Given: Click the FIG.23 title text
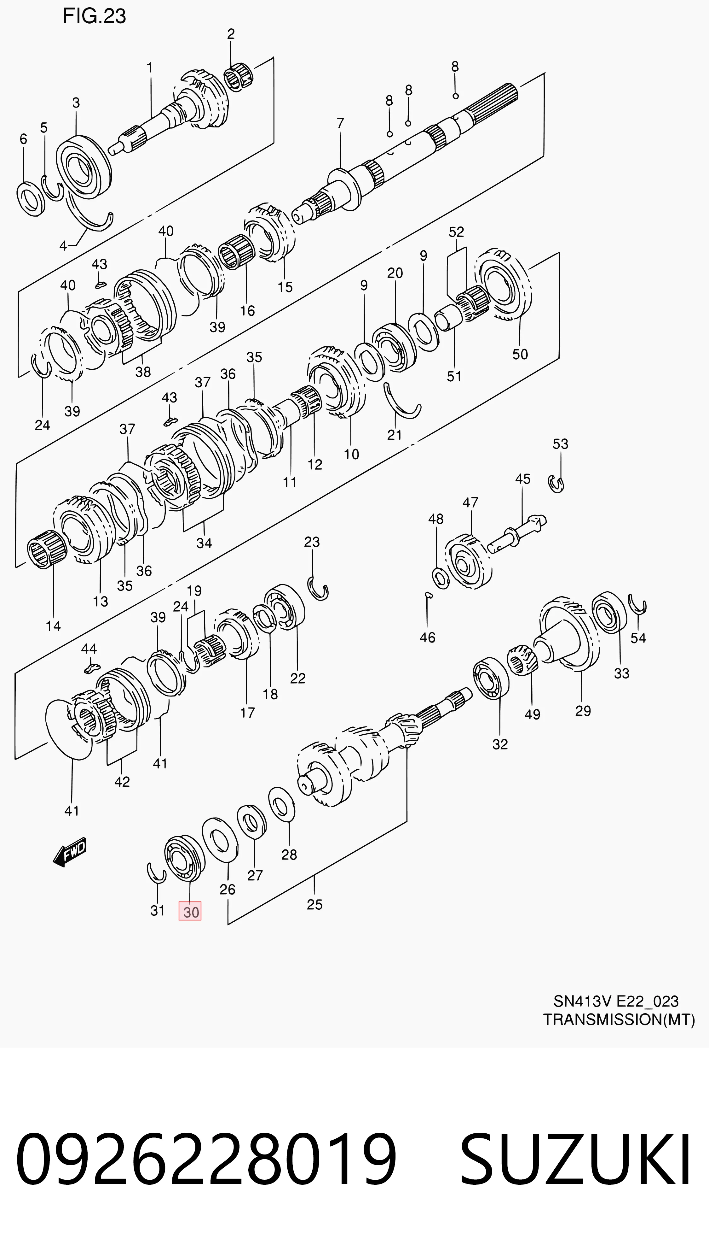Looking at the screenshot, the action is click(x=94, y=16).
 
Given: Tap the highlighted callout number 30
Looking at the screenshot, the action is click(x=190, y=912).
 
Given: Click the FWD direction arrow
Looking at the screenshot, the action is click(x=70, y=851).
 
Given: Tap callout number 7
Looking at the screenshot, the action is click(x=340, y=123).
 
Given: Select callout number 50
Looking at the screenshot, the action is click(x=520, y=354).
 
